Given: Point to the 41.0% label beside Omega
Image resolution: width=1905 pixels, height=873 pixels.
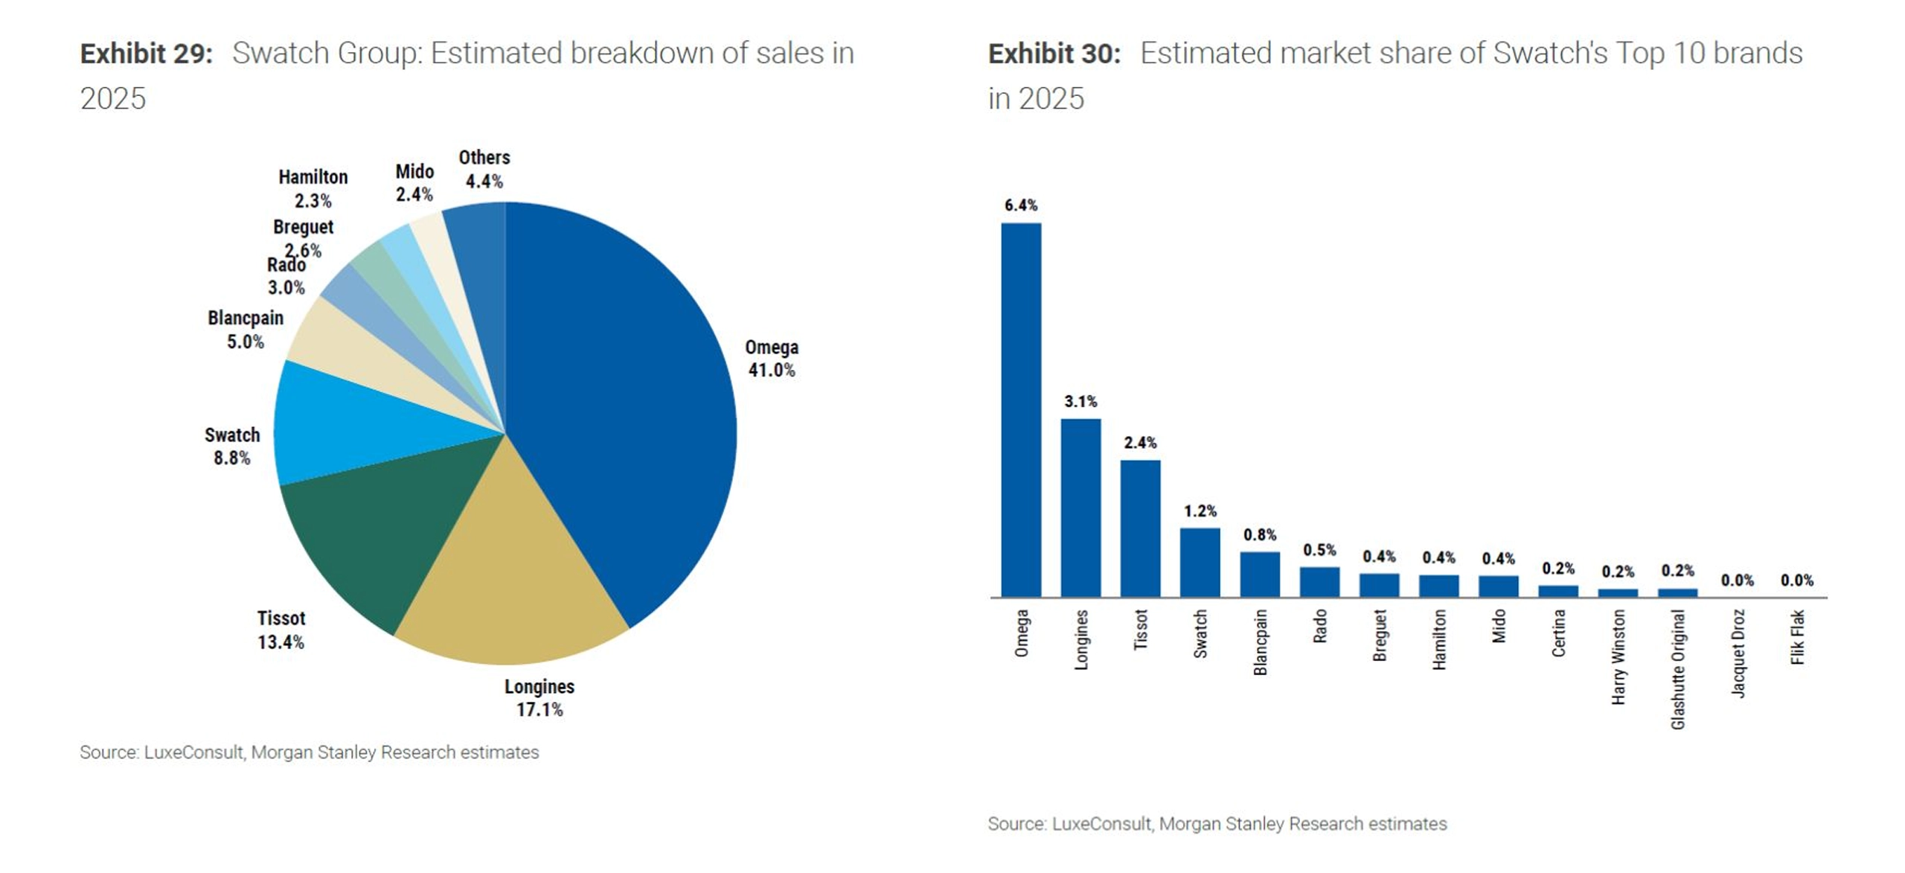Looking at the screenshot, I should click(772, 371).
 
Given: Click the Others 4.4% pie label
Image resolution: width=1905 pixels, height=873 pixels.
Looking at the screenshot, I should click(484, 170).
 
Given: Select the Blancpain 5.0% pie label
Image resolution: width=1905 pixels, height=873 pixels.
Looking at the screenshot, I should click(246, 330).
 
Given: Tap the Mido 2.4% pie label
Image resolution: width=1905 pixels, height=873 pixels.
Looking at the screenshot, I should click(414, 183).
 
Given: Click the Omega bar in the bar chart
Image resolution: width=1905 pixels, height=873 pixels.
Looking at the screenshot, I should click(1021, 409).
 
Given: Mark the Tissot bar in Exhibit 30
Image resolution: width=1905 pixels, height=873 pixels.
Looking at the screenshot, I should click(1140, 528).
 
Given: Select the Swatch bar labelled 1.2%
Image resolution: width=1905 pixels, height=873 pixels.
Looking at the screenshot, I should click(1200, 563).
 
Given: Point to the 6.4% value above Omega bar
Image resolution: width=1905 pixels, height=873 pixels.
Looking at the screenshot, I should click(1021, 205).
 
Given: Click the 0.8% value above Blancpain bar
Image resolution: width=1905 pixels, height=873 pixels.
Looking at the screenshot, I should click(1260, 535).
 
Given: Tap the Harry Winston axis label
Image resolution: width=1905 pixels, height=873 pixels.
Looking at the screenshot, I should click(1619, 657).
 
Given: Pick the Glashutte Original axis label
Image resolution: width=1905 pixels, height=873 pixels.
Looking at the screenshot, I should click(1678, 670).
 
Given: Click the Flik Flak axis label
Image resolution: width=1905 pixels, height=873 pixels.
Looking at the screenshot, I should click(1798, 637).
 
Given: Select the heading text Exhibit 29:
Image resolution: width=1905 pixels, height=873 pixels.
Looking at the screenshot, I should click(147, 54).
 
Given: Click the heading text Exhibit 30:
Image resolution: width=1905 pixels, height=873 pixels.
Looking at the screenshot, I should click(1054, 54).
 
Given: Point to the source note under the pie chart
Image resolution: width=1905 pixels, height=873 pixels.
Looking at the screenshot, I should click(310, 752).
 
